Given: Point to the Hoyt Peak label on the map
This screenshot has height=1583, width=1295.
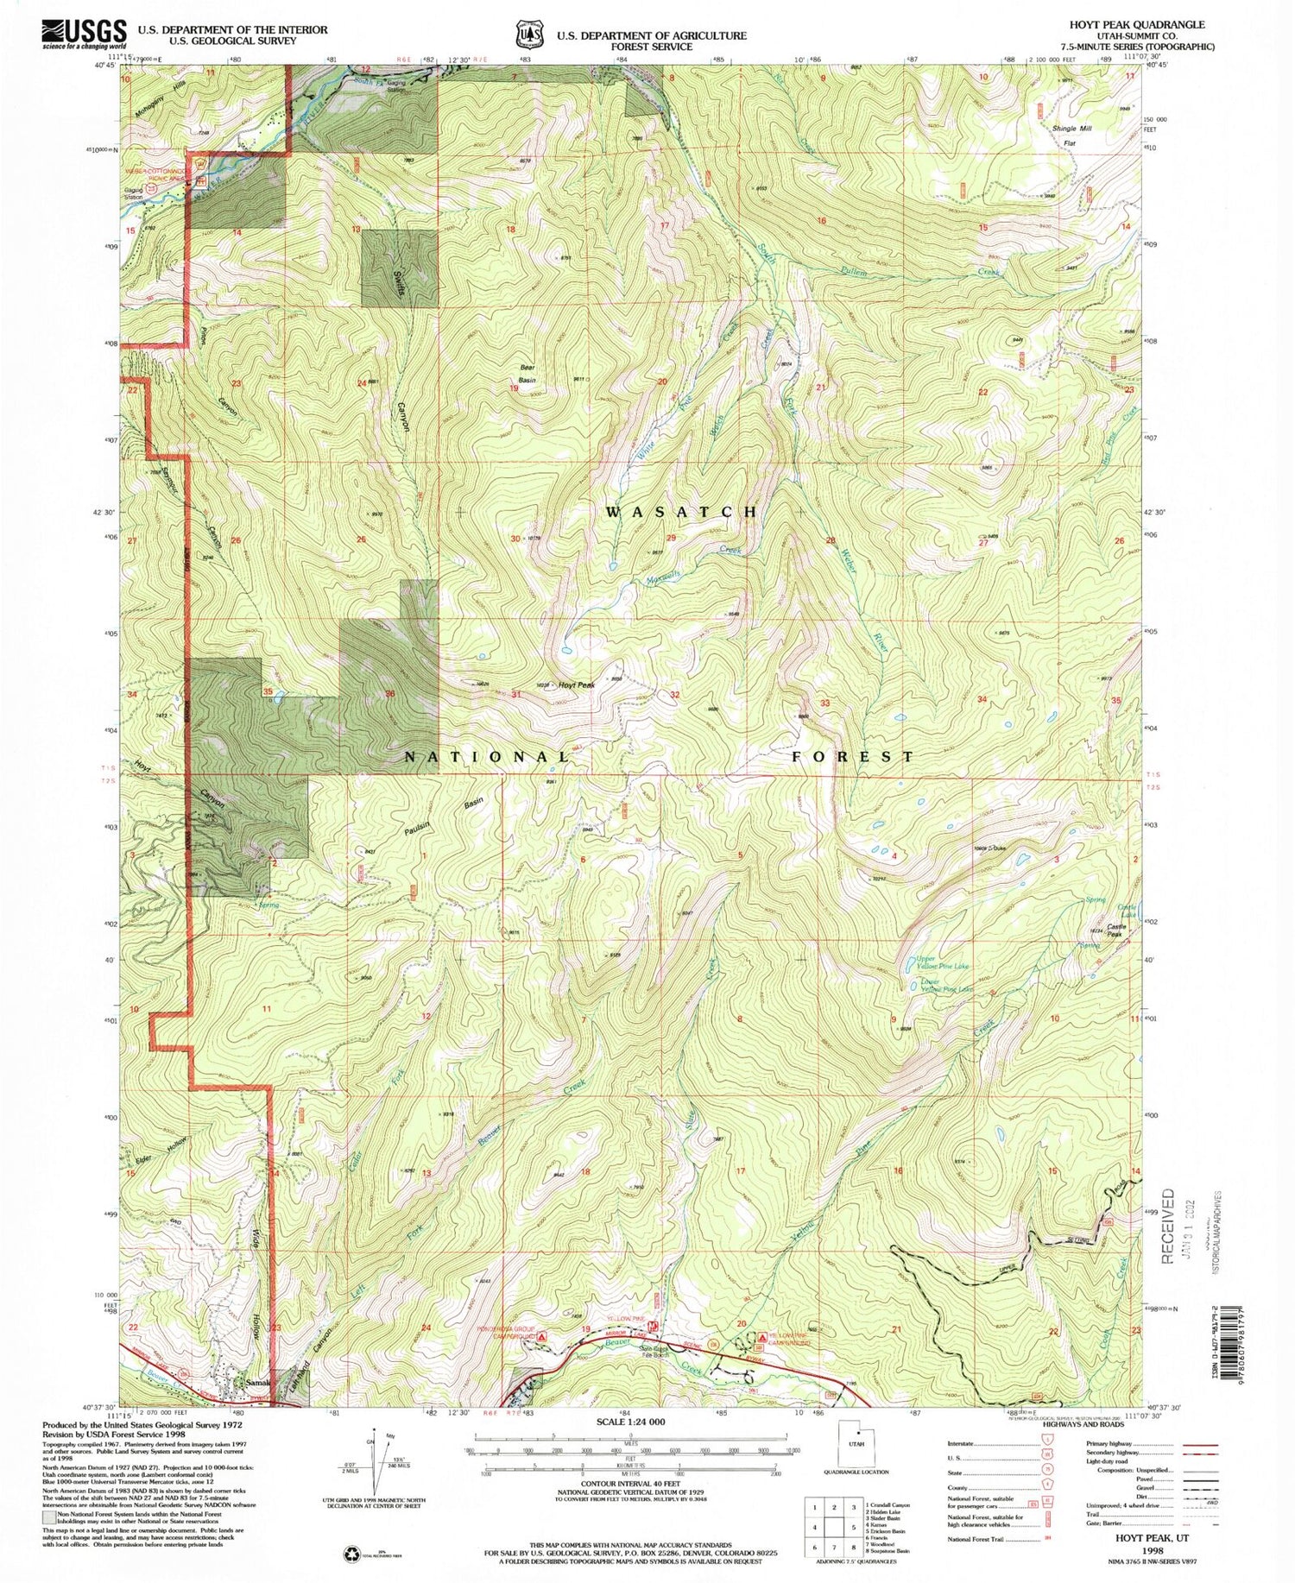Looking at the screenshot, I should (x=577, y=685).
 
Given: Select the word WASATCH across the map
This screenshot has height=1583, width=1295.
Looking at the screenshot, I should (x=682, y=512).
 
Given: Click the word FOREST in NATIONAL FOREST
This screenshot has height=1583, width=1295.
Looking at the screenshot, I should (x=854, y=756).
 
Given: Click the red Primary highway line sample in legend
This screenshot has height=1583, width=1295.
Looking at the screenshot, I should (x=1199, y=1444).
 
